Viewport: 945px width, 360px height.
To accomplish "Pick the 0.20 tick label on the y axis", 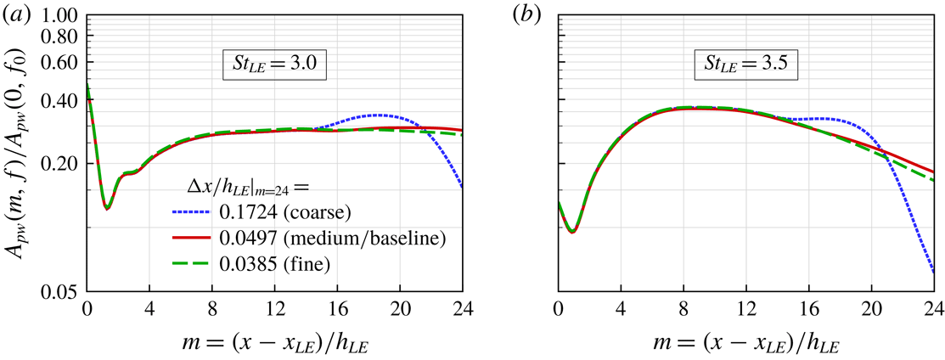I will tap(58, 164).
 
